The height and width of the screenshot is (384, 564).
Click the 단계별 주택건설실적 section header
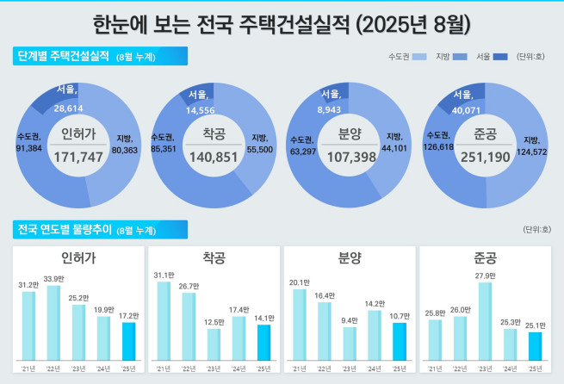coord(64,57)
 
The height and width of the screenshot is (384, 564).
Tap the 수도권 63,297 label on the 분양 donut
coord(304,146)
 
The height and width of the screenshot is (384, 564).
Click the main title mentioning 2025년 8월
coord(282,21)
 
